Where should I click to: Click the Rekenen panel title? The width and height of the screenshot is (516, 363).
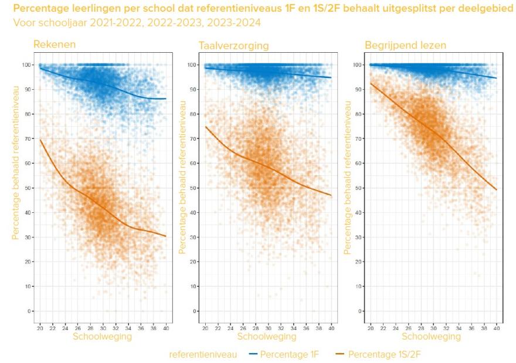pos(55,45)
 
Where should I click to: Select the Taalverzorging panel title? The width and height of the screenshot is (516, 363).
pos(233,45)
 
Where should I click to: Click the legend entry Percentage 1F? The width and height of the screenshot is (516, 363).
pos(286,354)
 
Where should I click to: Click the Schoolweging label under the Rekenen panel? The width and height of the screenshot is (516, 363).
pos(103,337)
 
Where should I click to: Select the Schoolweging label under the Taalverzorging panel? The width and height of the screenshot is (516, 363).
pos(267,337)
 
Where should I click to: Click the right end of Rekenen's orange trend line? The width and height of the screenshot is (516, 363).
pos(165,236)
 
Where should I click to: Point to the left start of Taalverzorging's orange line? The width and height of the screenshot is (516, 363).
pos(206,127)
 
